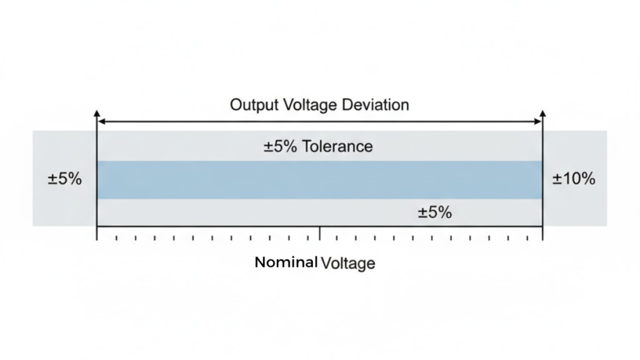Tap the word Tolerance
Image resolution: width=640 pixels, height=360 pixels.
coord(337,146)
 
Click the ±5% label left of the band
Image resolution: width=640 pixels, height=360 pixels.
coord(64,179)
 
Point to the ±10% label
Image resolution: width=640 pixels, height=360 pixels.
coord(574,179)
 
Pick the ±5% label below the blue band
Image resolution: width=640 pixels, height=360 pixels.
coord(434,212)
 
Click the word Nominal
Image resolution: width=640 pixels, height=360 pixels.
coord(286,262)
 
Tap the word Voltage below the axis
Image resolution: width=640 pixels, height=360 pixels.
coord(347,263)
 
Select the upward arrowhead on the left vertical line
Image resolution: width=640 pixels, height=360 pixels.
coord(97,113)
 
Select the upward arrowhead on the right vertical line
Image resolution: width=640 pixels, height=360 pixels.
coord(542,113)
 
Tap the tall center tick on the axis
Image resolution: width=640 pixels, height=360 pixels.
coord(320,233)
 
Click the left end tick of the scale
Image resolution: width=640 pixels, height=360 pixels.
coord(97,233)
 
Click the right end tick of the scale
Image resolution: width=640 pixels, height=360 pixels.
coord(542,233)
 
